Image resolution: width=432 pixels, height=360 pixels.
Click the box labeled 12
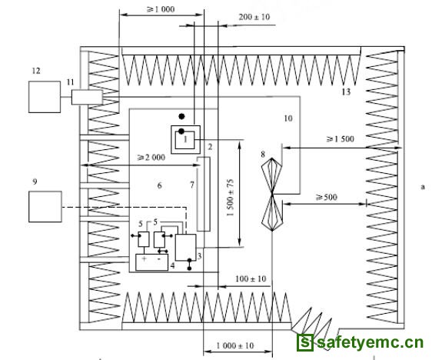click(x=45, y=97)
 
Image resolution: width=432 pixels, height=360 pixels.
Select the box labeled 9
click(x=45, y=206)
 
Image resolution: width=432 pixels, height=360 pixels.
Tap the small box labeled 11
click(x=87, y=97)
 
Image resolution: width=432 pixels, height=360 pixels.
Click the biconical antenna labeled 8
click(x=272, y=195)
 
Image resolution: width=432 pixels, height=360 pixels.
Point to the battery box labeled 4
click(x=151, y=262)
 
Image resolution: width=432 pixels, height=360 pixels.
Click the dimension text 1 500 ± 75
click(x=231, y=198)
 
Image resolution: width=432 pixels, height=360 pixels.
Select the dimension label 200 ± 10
click(x=254, y=17)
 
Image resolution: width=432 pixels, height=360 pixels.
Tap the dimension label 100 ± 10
click(x=251, y=278)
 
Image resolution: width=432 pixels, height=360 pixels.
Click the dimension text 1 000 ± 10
click(x=235, y=345)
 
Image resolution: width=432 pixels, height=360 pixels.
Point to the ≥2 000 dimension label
click(x=151, y=158)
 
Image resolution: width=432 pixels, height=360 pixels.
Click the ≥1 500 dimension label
click(x=341, y=139)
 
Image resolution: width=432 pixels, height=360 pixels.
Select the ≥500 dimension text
click(x=327, y=198)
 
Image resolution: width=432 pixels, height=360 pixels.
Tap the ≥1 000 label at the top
click(x=161, y=9)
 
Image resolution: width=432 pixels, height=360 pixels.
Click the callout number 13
click(x=346, y=92)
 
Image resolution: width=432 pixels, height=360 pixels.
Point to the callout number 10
click(x=288, y=118)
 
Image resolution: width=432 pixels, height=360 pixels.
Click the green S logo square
click(x=304, y=342)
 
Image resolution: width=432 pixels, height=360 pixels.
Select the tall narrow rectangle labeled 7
click(x=204, y=194)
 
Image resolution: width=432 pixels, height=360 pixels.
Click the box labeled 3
click(x=186, y=247)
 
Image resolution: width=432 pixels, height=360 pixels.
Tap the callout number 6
click(x=160, y=185)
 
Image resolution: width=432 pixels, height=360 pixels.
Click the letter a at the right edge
click(x=423, y=187)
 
